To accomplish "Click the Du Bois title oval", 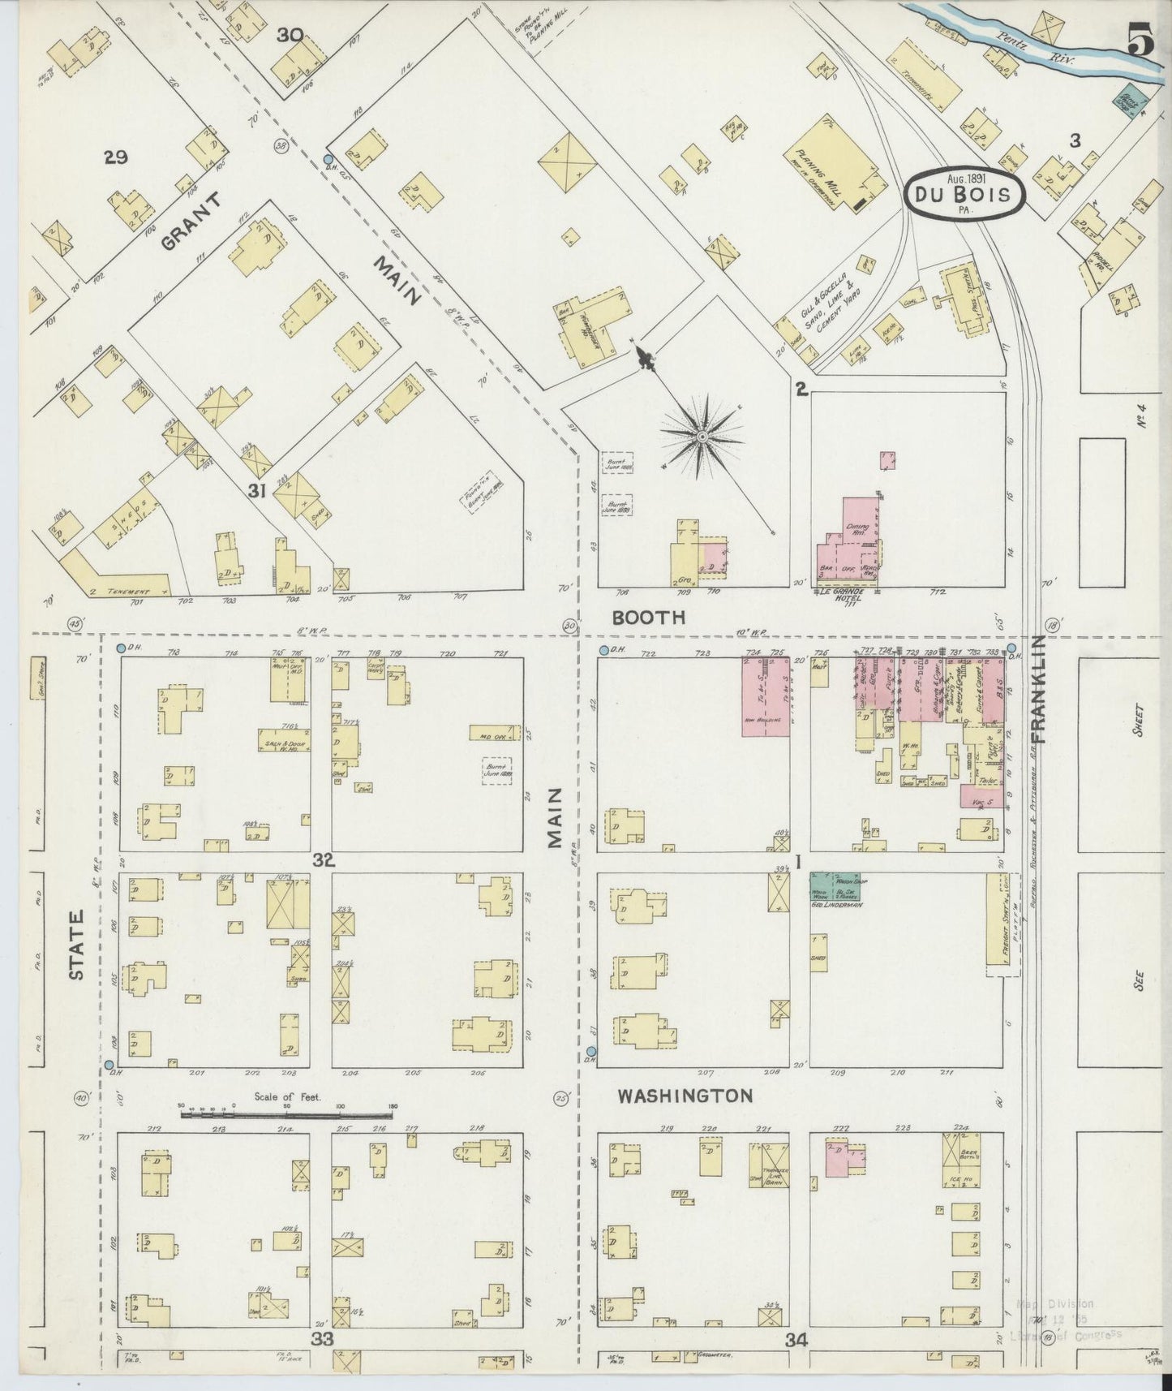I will pyautogui.click(x=964, y=195).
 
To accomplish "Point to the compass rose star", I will pyautogui.click(x=702, y=436).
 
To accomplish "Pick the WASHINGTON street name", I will pyautogui.click(x=685, y=1096).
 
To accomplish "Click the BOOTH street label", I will pyautogui.click(x=648, y=617).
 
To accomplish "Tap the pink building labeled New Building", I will pyautogui.click(x=766, y=696).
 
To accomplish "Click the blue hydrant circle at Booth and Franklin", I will pyautogui.click(x=1011, y=648).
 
